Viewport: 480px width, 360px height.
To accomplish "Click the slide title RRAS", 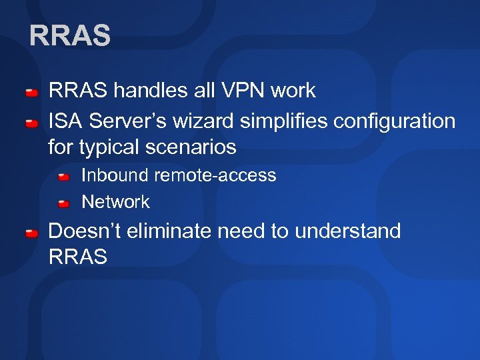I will pyautogui.click(x=70, y=36).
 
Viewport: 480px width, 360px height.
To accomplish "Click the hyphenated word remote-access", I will pyautogui.click(x=216, y=175).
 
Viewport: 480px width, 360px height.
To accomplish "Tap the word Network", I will pyautogui.click(x=115, y=201).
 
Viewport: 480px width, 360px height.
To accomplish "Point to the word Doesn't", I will pyautogui.click(x=81, y=231).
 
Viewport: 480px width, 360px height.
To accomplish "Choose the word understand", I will pyautogui.click(x=347, y=231).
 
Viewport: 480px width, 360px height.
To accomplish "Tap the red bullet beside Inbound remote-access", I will pyautogui.click(x=64, y=177).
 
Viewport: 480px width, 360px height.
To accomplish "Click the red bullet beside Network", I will pyautogui.click(x=64, y=203).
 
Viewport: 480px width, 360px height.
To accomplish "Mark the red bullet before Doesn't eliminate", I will pyautogui.click(x=31, y=233).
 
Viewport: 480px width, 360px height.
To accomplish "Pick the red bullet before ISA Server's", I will pyautogui.click(x=31, y=123).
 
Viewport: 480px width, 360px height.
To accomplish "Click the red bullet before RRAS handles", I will pyautogui.click(x=31, y=92).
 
